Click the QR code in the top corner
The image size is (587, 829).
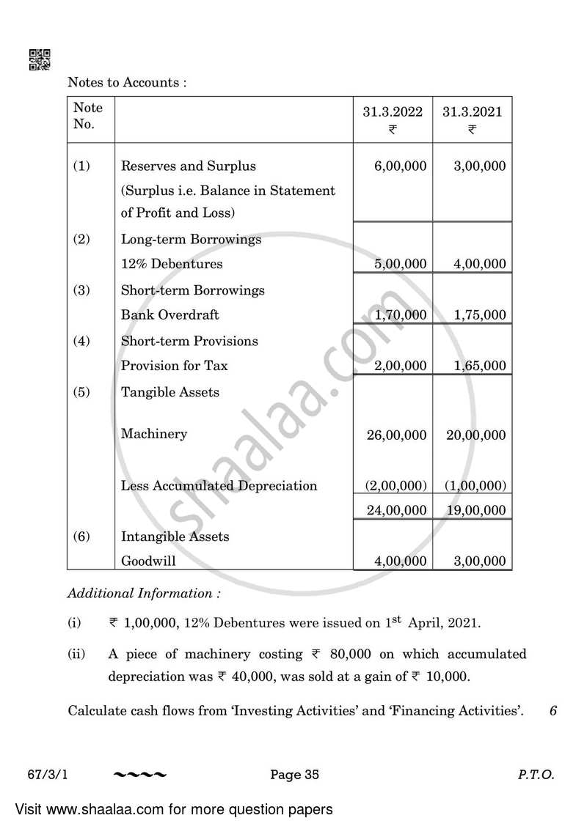[x=39, y=59]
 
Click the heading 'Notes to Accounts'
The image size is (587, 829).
[x=127, y=83]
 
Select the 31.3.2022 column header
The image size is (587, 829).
[x=393, y=112]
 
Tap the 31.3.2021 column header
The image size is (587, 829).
[x=472, y=112]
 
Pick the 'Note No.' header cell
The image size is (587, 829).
[x=88, y=116]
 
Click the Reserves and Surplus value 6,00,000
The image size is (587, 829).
[x=400, y=166]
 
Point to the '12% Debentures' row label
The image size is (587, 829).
[x=172, y=264]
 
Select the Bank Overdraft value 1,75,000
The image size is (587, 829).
[x=479, y=315]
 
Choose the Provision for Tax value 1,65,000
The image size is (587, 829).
[x=479, y=366]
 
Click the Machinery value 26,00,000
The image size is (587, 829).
[x=396, y=435]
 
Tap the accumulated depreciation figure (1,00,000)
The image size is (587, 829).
[x=475, y=486]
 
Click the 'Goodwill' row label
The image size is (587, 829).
[x=148, y=561]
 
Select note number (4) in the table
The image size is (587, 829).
[x=81, y=341]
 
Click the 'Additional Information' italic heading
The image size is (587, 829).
[x=143, y=594]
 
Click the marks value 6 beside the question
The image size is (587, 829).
[x=553, y=710]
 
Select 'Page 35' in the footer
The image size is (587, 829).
[x=294, y=774]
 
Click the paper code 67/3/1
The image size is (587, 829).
[x=83, y=774]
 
